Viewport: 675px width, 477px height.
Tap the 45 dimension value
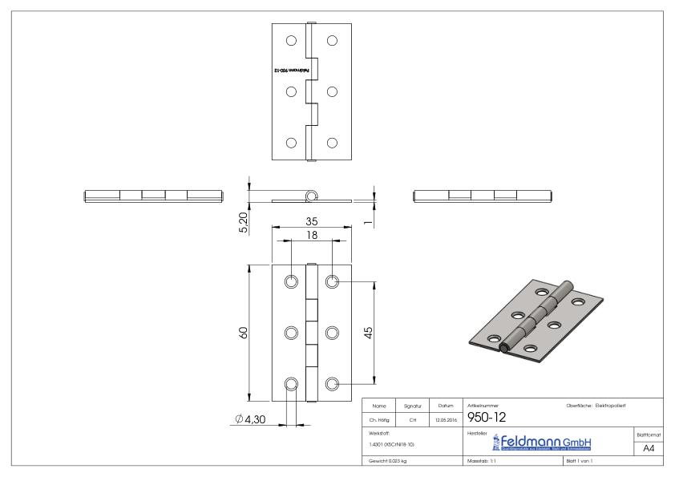pyautogui.click(x=366, y=333)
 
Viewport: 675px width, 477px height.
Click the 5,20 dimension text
pyautogui.click(x=242, y=220)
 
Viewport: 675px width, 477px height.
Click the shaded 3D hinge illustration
pyautogui.click(x=535, y=316)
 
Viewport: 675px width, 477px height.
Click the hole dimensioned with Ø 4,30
pyautogui.click(x=292, y=383)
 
